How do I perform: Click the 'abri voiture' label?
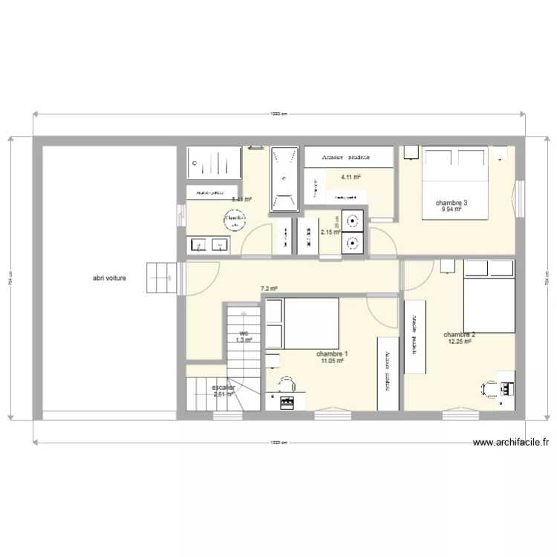pos(109,278)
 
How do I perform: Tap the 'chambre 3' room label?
pos(452,203)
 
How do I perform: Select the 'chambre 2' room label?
pos(460,335)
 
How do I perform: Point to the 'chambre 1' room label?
pos(331,354)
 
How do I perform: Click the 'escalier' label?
pos(223,388)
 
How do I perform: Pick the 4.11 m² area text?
pos(351,177)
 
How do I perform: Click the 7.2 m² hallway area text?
pos(269,289)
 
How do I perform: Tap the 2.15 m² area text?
pos(330,232)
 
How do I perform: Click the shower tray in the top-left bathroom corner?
pos(215,163)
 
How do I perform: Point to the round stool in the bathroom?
pos(235,218)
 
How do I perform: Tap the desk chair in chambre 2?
pos(491,388)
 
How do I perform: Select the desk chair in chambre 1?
pos(287,384)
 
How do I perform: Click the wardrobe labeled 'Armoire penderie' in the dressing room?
pos(348,157)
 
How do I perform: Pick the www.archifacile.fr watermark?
pos(512,443)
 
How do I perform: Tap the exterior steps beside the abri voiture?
pos(163,278)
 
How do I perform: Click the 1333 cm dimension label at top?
pos(278,114)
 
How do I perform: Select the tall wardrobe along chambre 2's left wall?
pos(414,336)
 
